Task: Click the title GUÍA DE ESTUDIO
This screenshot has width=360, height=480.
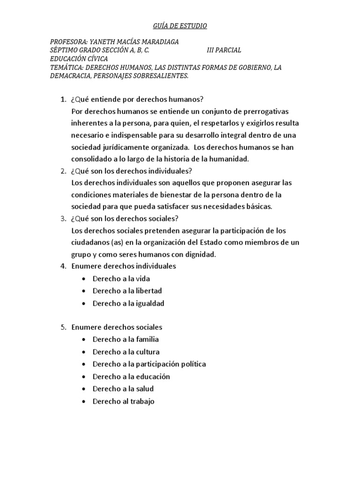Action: pos(180,26)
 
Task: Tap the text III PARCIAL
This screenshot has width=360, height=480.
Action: pos(224,51)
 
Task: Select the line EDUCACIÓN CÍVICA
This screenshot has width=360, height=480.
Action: pos(79,59)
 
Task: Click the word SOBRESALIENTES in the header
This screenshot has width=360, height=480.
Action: pos(161,76)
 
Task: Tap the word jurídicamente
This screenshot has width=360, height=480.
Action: pos(119,147)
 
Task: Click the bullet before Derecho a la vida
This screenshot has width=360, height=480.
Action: pos(83,279)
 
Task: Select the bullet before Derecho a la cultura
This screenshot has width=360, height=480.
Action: pos(83,352)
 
